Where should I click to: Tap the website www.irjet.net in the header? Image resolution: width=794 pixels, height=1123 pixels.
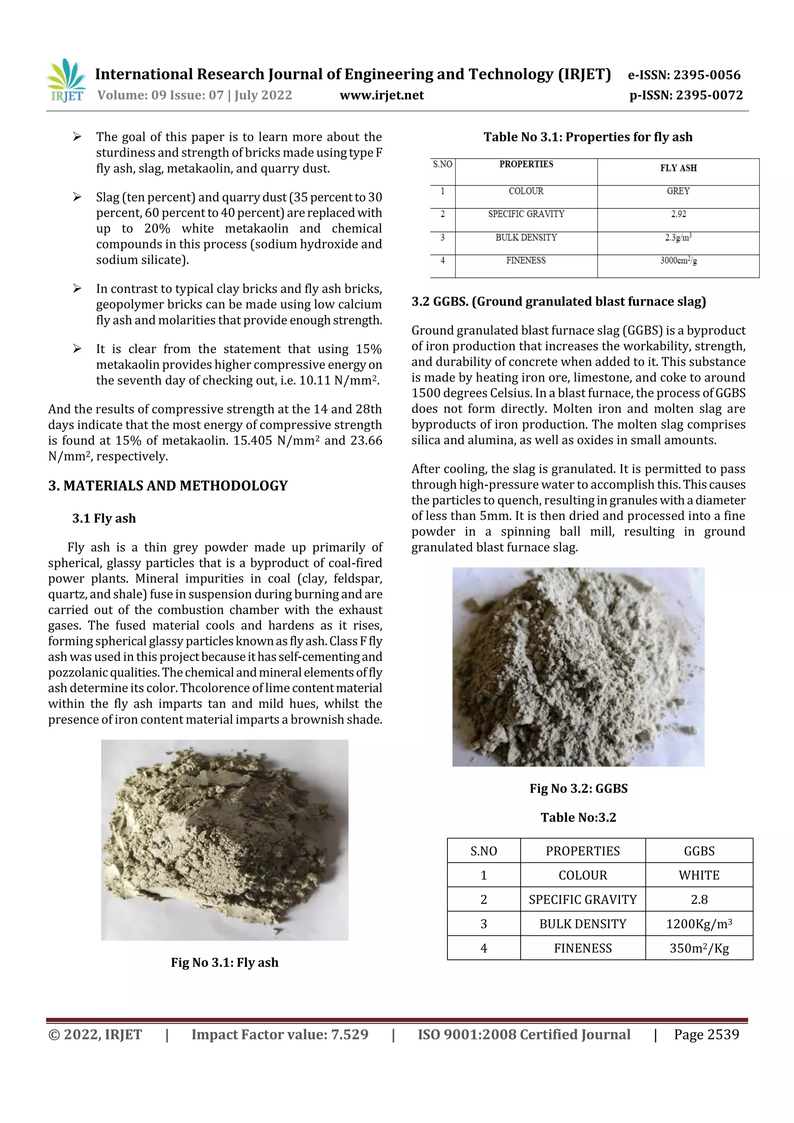(381, 95)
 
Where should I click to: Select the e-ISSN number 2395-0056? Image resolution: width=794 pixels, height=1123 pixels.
(706, 75)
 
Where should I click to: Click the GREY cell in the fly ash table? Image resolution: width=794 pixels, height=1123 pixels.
(678, 191)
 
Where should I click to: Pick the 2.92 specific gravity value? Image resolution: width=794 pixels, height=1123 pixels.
(678, 214)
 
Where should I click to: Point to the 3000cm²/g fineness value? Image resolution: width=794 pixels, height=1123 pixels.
(678, 261)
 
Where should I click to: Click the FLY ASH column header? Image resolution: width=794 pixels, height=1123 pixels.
(678, 168)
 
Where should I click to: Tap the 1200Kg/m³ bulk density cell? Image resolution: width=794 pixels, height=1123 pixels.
(699, 923)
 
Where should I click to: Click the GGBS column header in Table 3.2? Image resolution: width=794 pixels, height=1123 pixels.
(699, 851)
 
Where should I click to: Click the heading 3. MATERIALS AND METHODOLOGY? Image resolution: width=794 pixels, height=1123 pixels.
(168, 486)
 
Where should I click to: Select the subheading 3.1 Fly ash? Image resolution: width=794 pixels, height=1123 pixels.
(104, 518)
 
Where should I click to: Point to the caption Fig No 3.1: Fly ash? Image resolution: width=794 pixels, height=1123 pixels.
(224, 963)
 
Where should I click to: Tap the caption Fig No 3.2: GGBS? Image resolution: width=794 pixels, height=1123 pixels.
(578, 788)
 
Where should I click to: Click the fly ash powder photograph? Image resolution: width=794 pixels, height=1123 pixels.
(224, 839)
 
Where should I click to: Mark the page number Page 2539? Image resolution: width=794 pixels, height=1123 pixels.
(706, 1035)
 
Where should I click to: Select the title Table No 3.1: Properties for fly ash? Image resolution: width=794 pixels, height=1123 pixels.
(587, 137)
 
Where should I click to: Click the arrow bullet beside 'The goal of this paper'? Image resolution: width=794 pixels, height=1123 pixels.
(77, 137)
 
